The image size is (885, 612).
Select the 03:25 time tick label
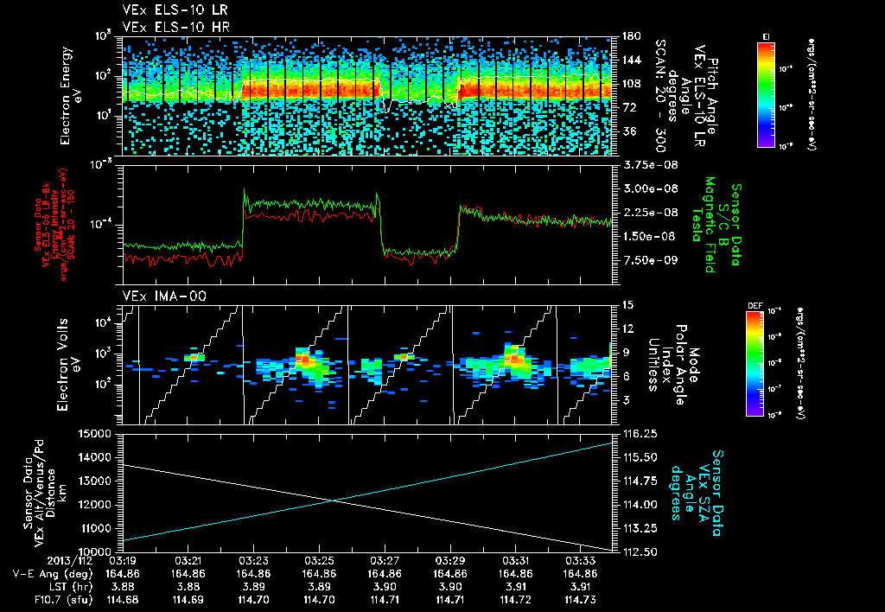tap(319, 560)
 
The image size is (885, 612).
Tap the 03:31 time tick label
tap(515, 560)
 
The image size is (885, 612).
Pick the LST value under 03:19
tap(123, 586)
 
